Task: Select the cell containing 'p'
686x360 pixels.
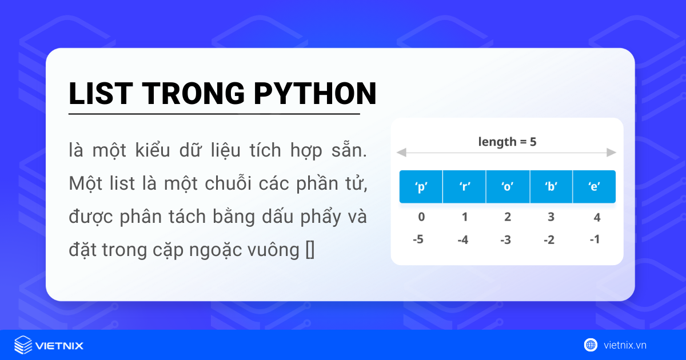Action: [x=421, y=187]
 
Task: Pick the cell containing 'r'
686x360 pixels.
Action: [x=464, y=187]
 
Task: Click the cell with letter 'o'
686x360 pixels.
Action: [x=508, y=187]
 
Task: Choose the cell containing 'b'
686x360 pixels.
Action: [x=551, y=187]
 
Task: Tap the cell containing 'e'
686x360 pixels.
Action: [x=595, y=187]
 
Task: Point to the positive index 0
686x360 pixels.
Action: [x=421, y=217]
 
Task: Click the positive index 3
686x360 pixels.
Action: [x=551, y=217]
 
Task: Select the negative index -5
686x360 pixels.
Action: [x=418, y=239]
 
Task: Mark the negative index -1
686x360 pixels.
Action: [x=595, y=239]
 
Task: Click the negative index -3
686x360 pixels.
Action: [x=505, y=239]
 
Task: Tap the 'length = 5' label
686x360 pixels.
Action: [x=507, y=142]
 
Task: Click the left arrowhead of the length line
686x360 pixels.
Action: [x=401, y=153]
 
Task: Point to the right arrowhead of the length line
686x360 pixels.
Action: [x=612, y=153]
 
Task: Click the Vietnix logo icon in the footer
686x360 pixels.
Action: [x=23, y=345]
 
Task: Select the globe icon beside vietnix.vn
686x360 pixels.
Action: [x=591, y=345]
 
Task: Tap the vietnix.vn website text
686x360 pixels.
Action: [x=625, y=345]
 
